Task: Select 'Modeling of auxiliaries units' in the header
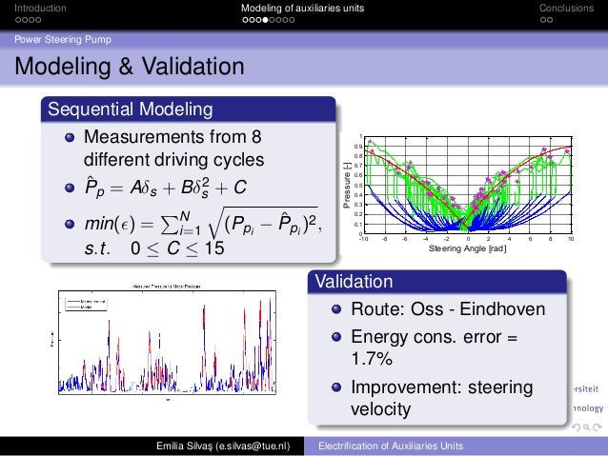[x=302, y=9]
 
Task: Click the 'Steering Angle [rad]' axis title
[x=466, y=250]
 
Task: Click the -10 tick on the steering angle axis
[x=363, y=241]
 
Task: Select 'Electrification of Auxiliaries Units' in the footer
[x=391, y=446]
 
